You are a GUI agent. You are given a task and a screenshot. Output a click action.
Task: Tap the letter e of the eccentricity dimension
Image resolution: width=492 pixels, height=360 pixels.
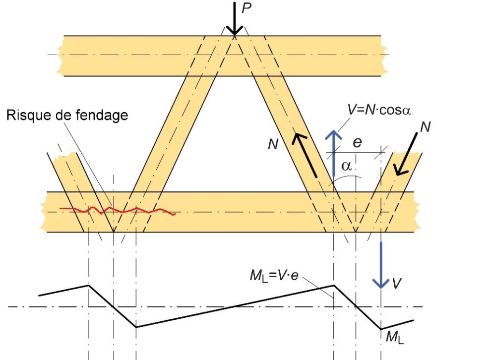click(x=357, y=142)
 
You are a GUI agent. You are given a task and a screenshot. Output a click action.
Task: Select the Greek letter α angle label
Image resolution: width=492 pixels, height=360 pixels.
click(x=347, y=166)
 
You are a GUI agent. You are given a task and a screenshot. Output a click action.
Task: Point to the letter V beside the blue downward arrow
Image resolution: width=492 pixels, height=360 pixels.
click(x=396, y=284)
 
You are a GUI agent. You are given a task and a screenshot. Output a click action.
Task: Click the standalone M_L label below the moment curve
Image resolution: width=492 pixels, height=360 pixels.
click(x=392, y=338)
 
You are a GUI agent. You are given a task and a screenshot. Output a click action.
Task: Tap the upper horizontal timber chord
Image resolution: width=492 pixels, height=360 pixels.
click(x=149, y=55)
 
